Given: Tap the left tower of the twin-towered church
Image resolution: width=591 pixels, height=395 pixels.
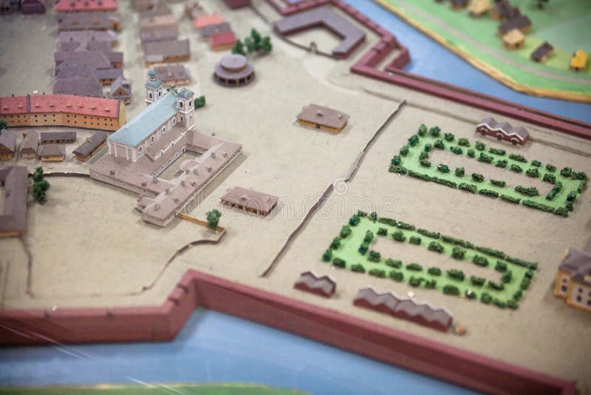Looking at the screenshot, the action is point(154,89).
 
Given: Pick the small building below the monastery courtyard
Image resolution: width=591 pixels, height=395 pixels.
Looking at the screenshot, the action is point(250,199).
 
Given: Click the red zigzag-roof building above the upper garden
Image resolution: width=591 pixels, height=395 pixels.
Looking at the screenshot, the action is point(502,131).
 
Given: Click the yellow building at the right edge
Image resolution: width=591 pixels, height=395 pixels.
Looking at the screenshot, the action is point(575,277).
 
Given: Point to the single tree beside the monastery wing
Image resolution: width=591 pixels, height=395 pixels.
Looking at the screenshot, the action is point(213,218).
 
